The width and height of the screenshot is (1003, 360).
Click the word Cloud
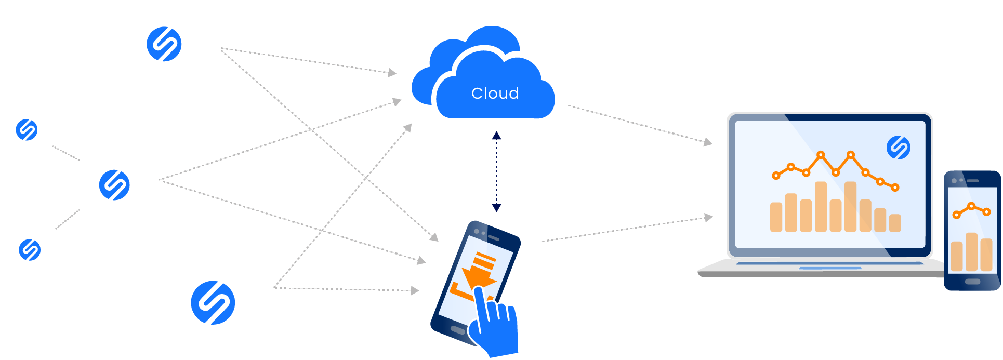click(x=495, y=94)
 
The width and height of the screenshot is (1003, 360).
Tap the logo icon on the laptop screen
click(x=898, y=148)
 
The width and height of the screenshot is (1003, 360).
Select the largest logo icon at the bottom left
click(x=213, y=303)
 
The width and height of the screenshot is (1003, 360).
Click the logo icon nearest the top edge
click(x=164, y=44)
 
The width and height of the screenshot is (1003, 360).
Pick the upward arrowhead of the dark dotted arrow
click(x=496, y=136)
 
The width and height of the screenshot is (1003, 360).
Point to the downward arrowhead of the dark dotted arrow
click(x=496, y=208)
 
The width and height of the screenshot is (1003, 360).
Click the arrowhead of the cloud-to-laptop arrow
click(x=708, y=142)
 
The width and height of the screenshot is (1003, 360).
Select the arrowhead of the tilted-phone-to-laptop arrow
click(x=708, y=217)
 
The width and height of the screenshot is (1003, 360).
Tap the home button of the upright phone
click(x=972, y=282)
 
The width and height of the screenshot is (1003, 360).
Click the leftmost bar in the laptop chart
click(x=776, y=217)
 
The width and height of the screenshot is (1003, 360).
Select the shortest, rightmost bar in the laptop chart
click(x=895, y=223)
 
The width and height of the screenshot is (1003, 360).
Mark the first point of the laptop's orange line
click(x=776, y=176)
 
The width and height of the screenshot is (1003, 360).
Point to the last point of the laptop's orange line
click(x=895, y=188)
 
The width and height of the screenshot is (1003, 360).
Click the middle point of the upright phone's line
click(x=971, y=206)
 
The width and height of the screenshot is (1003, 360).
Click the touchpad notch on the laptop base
click(x=829, y=268)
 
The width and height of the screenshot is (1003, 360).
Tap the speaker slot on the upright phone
click(x=973, y=181)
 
